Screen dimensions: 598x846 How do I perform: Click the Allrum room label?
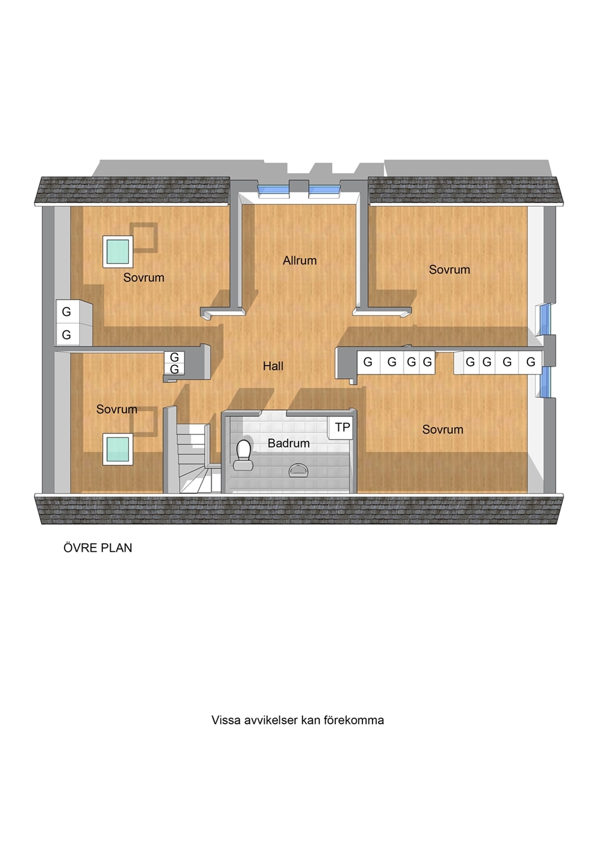click(300, 260)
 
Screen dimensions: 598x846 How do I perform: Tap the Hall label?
click(273, 365)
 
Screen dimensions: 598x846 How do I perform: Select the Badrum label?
click(288, 443)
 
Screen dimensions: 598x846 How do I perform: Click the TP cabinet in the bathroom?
click(342, 428)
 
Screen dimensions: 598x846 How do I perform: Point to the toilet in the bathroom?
click(244, 455)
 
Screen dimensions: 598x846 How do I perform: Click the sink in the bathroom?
click(298, 470)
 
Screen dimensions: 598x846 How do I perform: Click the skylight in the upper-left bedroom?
click(118, 252)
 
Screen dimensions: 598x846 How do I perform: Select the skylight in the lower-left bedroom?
click(118, 449)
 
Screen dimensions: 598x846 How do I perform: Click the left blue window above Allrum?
click(273, 191)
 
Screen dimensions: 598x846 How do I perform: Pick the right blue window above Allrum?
click(325, 191)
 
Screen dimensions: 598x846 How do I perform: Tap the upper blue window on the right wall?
click(545, 320)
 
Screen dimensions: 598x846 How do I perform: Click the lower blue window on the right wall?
click(545, 382)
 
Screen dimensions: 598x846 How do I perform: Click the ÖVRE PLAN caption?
click(98, 548)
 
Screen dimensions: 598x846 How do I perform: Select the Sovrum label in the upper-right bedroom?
click(449, 270)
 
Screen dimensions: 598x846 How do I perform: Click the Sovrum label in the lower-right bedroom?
click(442, 429)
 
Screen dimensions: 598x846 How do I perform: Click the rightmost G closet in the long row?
click(530, 362)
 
